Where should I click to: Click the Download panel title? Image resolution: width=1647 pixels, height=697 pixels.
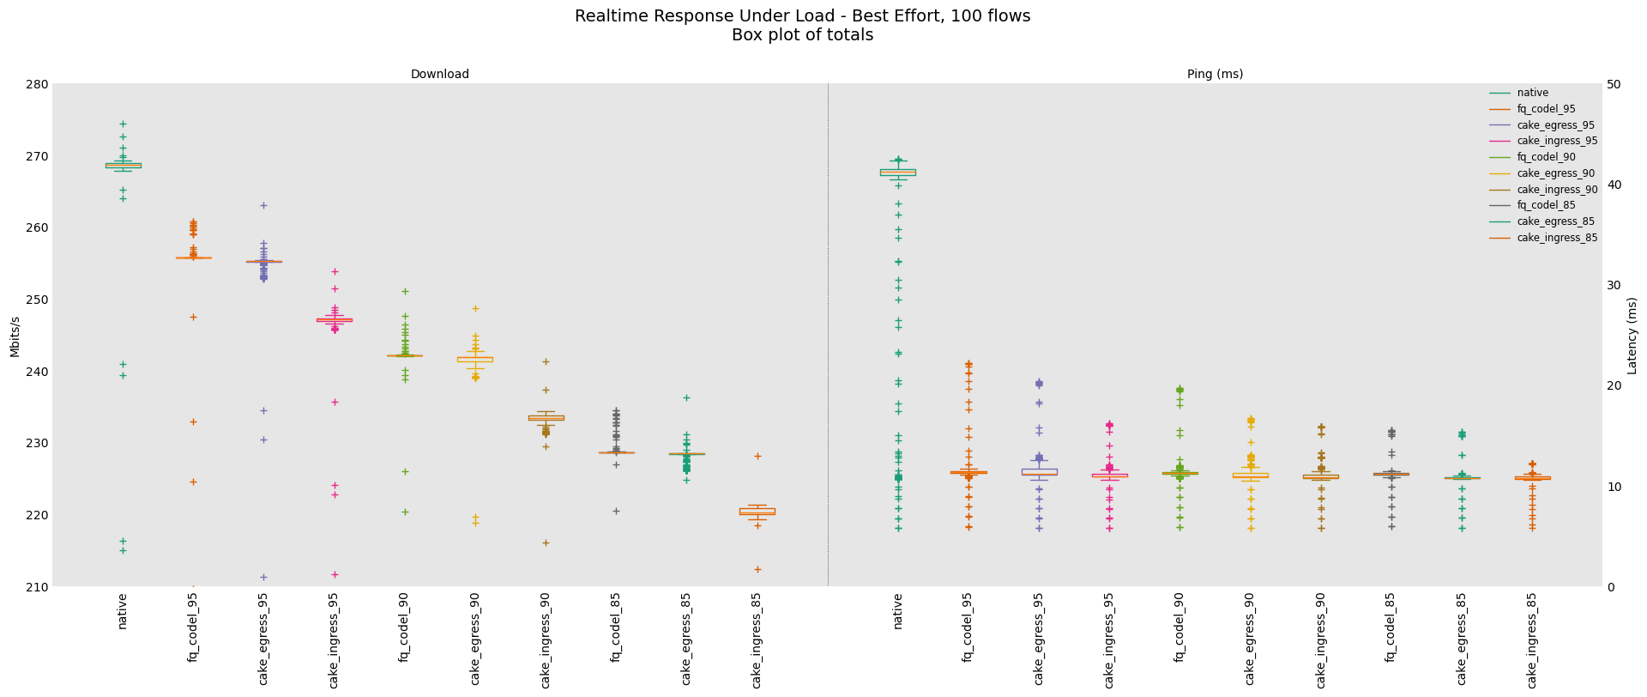point(439,75)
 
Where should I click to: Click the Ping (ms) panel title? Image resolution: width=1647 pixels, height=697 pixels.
point(1215,75)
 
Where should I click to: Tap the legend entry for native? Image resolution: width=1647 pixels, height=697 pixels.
point(1532,93)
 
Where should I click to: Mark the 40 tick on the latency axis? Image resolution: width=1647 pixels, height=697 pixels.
point(1614,185)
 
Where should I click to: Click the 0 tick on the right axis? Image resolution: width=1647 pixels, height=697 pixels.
point(1610,587)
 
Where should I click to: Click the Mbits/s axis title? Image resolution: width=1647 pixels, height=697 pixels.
point(15,336)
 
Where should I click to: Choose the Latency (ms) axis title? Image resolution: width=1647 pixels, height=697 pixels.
point(1632,336)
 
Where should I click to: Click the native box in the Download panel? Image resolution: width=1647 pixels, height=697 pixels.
point(123,165)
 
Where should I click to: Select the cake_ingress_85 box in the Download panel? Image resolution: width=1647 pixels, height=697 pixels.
point(757,512)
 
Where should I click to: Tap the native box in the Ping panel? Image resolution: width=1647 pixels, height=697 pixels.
point(897,172)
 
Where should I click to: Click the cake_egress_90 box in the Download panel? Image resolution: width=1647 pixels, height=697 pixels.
point(475,359)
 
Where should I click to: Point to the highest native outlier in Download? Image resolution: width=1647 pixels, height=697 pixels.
point(123,124)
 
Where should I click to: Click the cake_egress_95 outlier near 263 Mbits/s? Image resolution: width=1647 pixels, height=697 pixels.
point(263,205)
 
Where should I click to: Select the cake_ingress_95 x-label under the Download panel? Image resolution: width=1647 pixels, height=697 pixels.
point(335,639)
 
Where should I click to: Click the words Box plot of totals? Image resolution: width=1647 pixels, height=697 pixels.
point(802,35)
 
